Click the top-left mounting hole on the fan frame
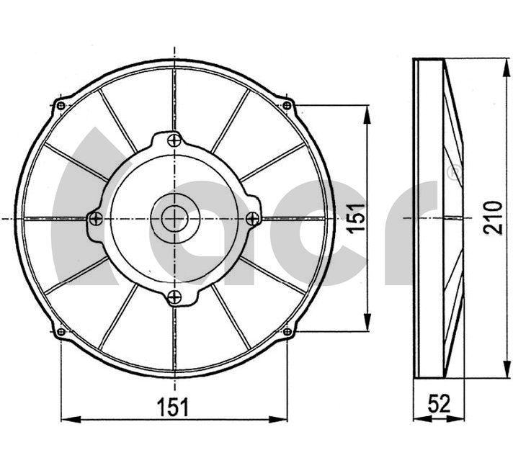(61, 105)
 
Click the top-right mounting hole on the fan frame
(287, 105)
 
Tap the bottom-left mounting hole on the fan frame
(61, 332)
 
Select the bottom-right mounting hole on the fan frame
(287, 332)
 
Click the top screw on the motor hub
(174, 140)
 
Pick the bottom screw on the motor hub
(174, 297)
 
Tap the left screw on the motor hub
(96, 218)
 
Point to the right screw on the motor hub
(253, 218)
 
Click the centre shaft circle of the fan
(174, 218)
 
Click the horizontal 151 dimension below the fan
(173, 408)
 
